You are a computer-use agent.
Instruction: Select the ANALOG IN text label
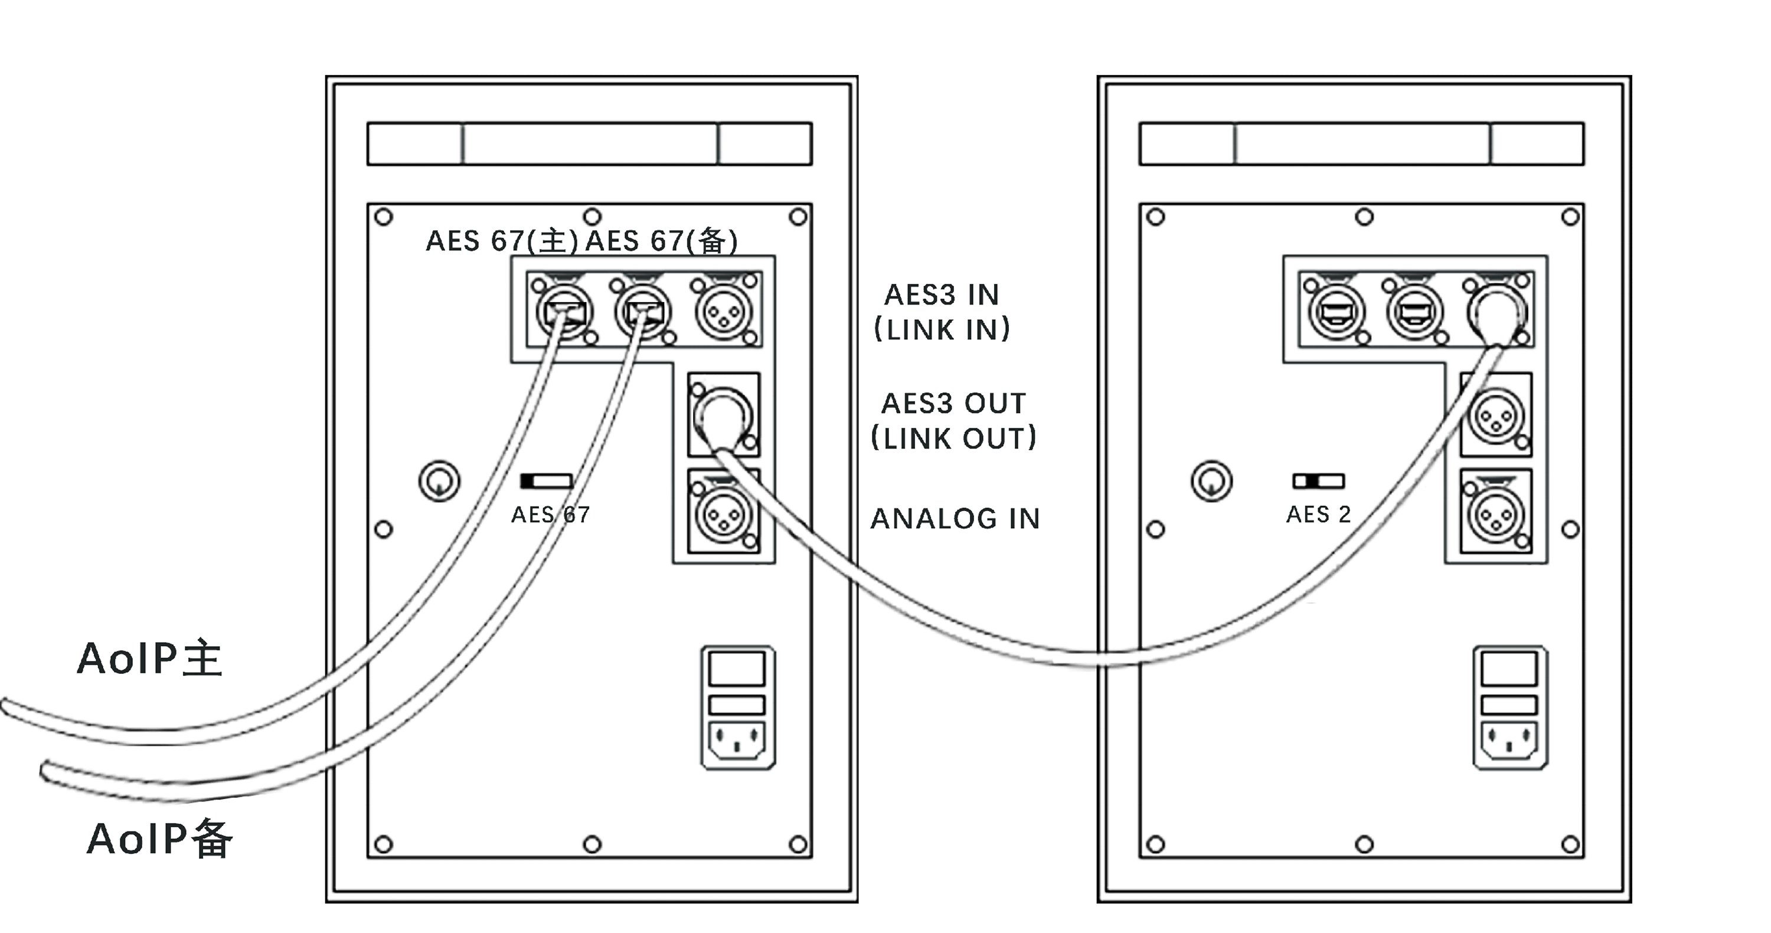tap(955, 519)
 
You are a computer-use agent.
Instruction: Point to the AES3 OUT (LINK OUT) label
tap(953, 420)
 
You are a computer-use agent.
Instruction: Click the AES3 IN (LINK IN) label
tap(942, 312)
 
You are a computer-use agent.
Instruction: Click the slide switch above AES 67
tap(547, 481)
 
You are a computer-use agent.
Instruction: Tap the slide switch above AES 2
tap(1318, 481)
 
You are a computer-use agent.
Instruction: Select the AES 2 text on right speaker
tap(1318, 514)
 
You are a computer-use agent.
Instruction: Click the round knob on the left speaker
tap(439, 481)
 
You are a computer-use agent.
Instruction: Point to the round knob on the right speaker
tap(1211, 481)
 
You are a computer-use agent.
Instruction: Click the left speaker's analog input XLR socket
tap(723, 514)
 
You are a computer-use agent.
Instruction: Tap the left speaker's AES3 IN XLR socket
tap(723, 312)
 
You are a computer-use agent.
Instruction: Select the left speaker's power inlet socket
tap(737, 741)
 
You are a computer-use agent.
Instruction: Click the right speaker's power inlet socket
tap(1509, 741)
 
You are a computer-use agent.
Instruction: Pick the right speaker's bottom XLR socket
tap(1495, 514)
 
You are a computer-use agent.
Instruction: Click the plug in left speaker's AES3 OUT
tap(722, 415)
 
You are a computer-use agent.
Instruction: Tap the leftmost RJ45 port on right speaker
tap(1335, 313)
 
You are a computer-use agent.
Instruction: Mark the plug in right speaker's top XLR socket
tap(1496, 313)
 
